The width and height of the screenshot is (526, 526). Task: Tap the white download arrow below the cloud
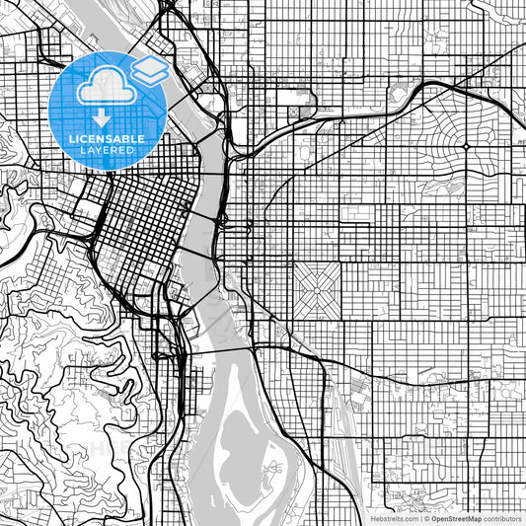tap(102, 118)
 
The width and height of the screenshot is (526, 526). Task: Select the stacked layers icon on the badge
tap(148, 70)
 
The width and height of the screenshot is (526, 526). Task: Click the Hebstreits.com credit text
tap(394, 517)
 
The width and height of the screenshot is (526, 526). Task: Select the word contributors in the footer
tap(503, 517)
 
